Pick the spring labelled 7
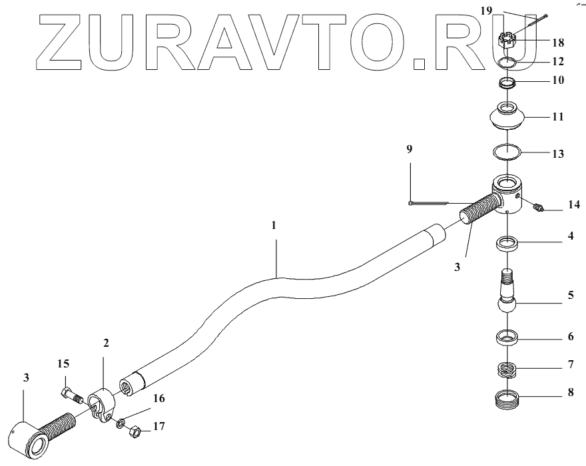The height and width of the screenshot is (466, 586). [509, 336]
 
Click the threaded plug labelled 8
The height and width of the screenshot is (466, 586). [509, 369]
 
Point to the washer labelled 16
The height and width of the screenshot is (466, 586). [121, 423]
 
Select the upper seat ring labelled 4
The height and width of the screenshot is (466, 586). [509, 244]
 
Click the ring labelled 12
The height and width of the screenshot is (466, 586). [509, 63]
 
